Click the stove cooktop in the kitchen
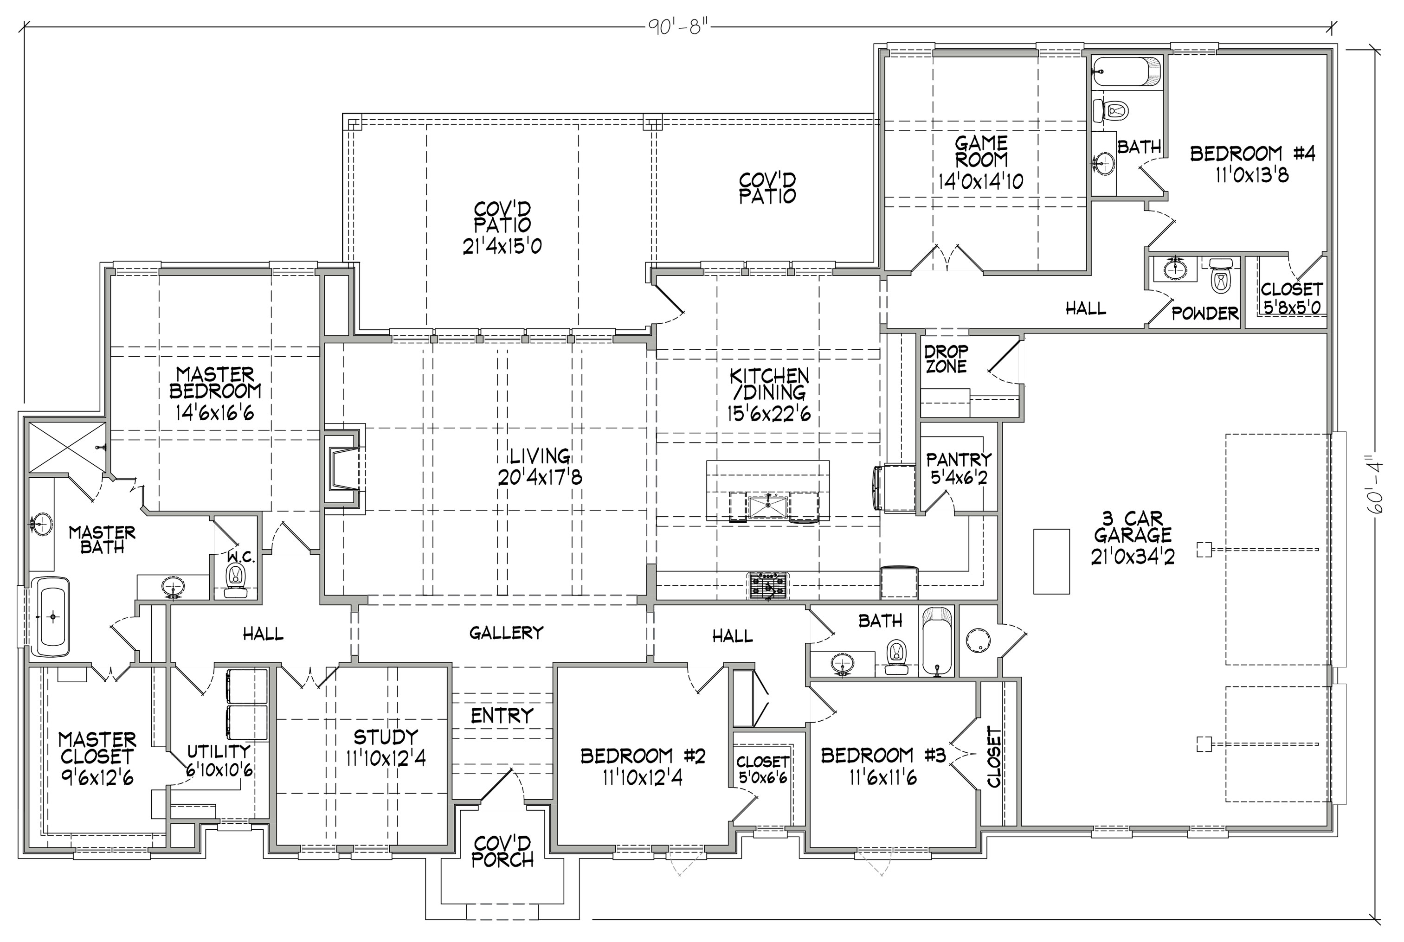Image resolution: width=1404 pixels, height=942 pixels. [767, 585]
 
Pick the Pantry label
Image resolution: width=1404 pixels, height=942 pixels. [958, 460]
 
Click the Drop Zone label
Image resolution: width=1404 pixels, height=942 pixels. [946, 359]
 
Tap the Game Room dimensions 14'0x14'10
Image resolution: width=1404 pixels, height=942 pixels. [981, 181]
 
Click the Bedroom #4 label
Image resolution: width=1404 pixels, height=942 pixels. [1253, 154]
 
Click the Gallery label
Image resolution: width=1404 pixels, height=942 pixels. [506, 633]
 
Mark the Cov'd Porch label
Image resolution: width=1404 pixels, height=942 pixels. [502, 852]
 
